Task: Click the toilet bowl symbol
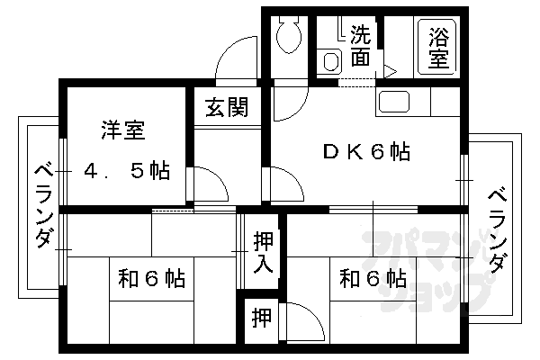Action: coord(289,35)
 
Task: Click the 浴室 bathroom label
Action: coord(439,48)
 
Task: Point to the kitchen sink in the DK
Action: coord(394,102)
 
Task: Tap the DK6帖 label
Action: coord(366,151)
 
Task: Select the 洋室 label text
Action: coord(123,130)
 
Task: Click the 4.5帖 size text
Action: coord(128,170)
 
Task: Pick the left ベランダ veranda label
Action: coord(44,206)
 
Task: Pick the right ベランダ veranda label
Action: coord(498,230)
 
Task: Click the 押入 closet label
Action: coord(263,252)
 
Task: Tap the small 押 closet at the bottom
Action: coord(261,318)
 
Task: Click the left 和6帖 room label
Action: coord(151,278)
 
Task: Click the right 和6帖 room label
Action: coord(373,278)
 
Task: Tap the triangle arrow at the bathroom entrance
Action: coord(391,72)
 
